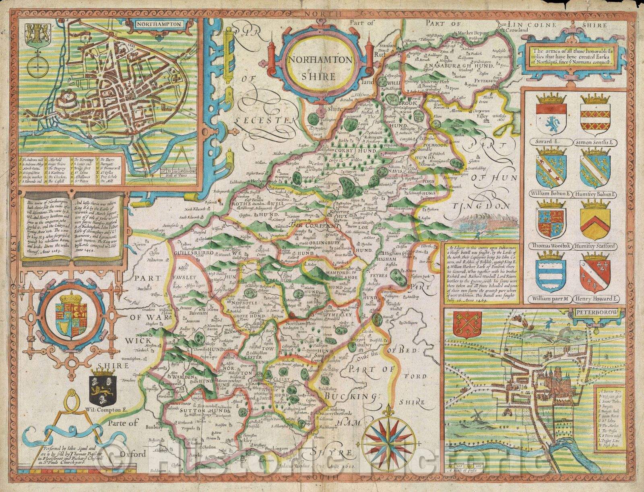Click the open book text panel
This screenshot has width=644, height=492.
(x=73, y=227)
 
